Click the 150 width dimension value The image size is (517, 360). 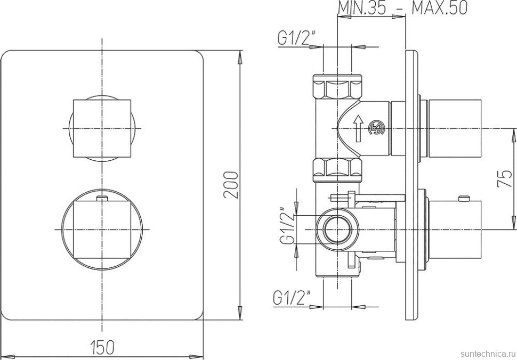click(102, 347)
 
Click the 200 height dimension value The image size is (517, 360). click(231, 185)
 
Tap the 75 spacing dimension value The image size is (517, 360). click(504, 179)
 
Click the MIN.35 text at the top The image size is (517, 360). click(362, 8)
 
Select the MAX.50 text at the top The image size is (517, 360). click(440, 8)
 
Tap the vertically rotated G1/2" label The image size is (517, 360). click(286, 226)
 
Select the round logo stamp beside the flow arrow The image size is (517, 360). click(376, 128)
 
